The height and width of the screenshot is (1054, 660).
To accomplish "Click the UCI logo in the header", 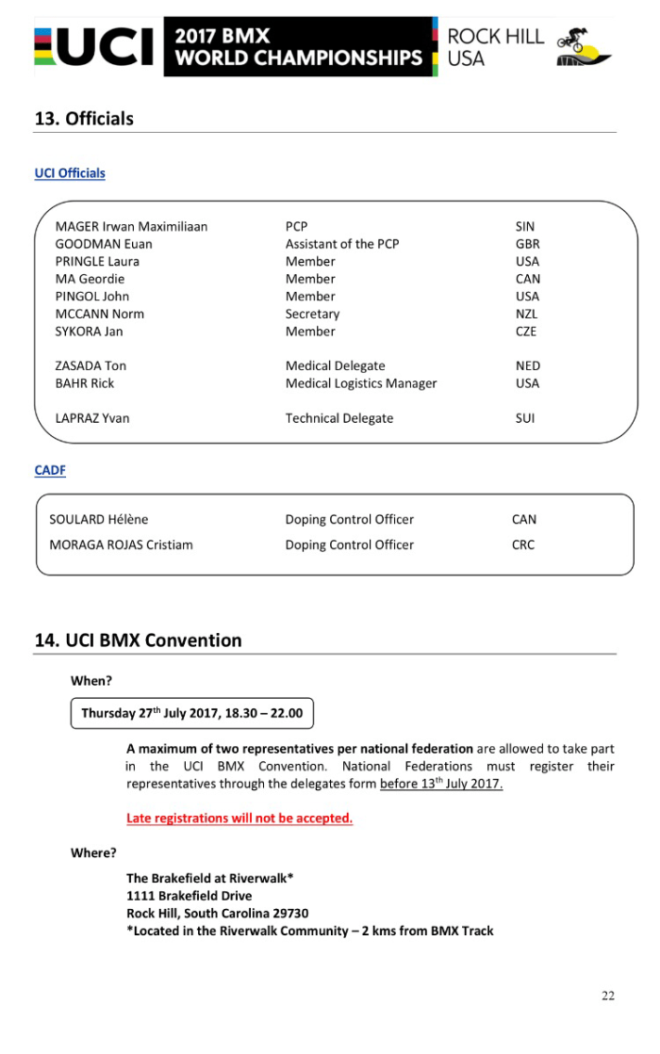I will pyautogui.click(x=94, y=47).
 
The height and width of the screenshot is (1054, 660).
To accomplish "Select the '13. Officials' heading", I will pyautogui.click(x=84, y=119).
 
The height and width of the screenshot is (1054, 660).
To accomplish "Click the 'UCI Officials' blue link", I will pyautogui.click(x=70, y=173).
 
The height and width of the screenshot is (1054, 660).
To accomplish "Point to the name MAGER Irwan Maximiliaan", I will pyautogui.click(x=131, y=227).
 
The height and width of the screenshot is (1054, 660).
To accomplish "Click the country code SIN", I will pyautogui.click(x=525, y=227).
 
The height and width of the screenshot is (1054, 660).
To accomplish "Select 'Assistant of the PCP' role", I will pyautogui.click(x=342, y=244).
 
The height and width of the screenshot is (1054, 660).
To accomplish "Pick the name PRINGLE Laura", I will pyautogui.click(x=97, y=262).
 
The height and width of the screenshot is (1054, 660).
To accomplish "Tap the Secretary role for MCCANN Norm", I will pyautogui.click(x=312, y=314).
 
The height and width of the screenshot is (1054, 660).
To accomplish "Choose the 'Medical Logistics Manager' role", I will pyautogui.click(x=361, y=383).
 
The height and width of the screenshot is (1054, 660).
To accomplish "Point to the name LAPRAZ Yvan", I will pyautogui.click(x=92, y=418).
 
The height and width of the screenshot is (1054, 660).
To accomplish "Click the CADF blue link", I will pyautogui.click(x=50, y=470).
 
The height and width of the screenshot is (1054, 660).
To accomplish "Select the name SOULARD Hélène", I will pyautogui.click(x=99, y=519).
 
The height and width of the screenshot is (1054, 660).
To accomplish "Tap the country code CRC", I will pyautogui.click(x=523, y=544).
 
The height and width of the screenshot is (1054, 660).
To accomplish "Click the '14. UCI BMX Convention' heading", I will pyautogui.click(x=139, y=641).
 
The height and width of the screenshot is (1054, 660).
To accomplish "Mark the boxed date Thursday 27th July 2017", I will pyautogui.click(x=191, y=713).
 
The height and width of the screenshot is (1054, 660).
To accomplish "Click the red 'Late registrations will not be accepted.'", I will pyautogui.click(x=239, y=818).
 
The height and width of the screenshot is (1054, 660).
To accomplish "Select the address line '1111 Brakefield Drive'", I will pyautogui.click(x=190, y=896).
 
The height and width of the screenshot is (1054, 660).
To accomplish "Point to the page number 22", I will pyautogui.click(x=608, y=996).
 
